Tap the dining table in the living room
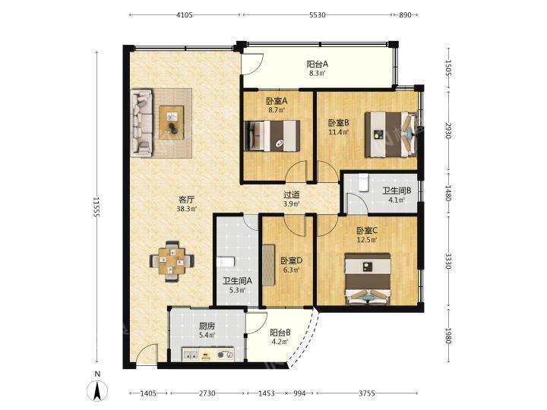point(172,261)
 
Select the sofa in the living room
point(141,123)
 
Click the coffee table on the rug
point(171,123)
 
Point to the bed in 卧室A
point(272,136)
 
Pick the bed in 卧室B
point(391,134)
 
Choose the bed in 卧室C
point(368,279)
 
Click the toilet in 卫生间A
point(226,261)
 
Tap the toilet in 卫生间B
point(363,182)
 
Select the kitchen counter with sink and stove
point(207,354)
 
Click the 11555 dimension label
point(96,207)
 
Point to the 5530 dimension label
point(317,15)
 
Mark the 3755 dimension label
point(367,393)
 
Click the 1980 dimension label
point(449,336)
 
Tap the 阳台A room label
point(318,64)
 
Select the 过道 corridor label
point(291,195)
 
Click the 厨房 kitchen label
point(207,326)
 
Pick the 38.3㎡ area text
point(187,210)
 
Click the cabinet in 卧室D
point(269,265)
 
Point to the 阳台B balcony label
point(280,333)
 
